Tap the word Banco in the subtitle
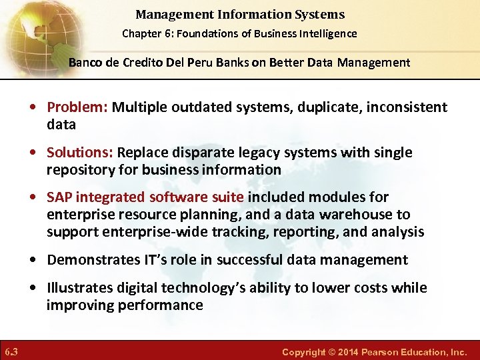[x=84, y=63]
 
